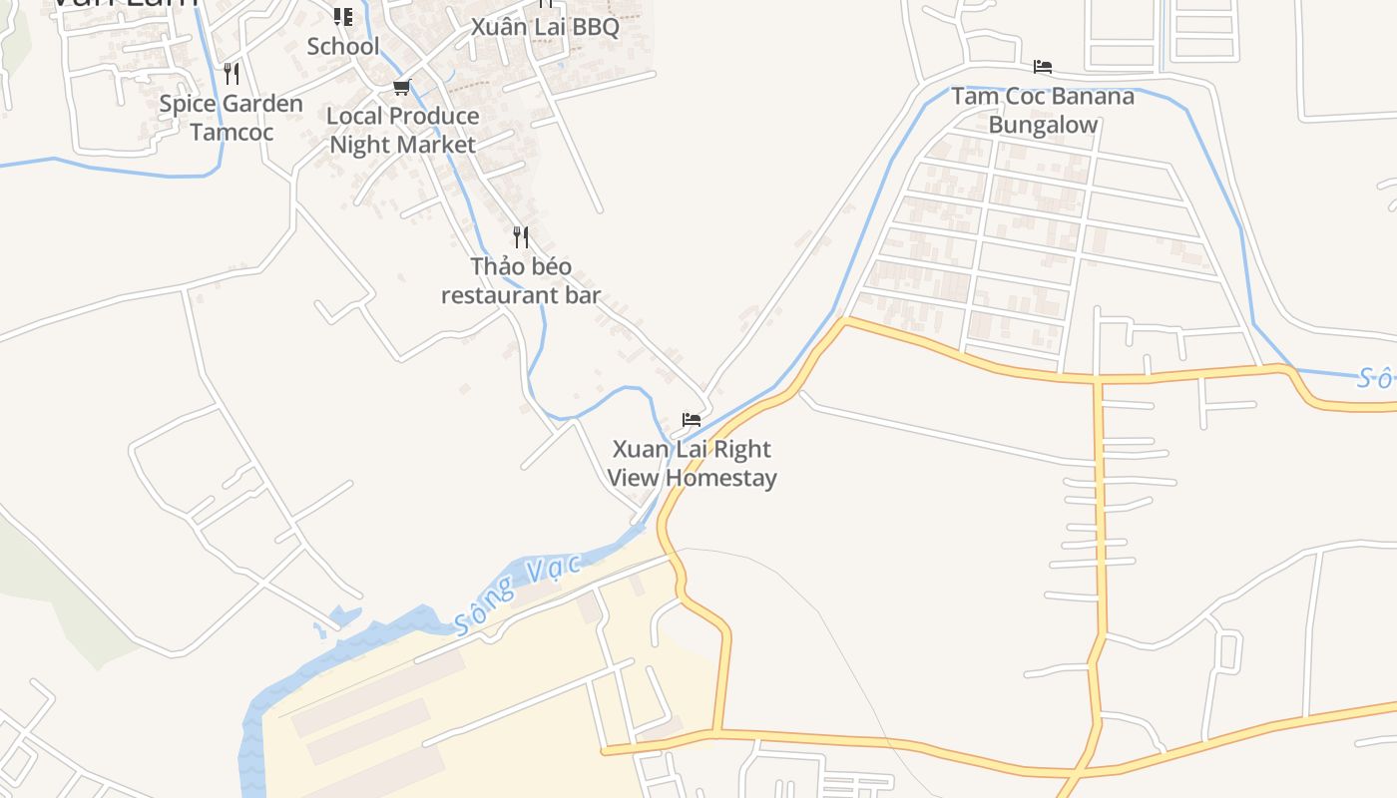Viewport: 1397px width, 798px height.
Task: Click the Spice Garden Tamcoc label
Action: click(x=232, y=118)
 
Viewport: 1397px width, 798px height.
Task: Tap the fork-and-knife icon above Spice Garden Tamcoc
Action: click(x=232, y=74)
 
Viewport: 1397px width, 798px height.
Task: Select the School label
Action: click(x=343, y=46)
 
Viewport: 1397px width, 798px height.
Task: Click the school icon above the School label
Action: click(x=343, y=17)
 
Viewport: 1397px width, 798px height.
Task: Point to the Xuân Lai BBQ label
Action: click(x=545, y=27)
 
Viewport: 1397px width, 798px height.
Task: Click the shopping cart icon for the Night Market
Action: click(x=402, y=88)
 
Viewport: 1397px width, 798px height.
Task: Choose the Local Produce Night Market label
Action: click(x=403, y=130)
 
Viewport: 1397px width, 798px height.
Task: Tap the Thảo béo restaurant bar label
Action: click(x=521, y=280)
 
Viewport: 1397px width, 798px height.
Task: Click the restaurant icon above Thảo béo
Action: click(x=521, y=237)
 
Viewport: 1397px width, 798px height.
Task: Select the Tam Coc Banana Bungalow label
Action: click(x=1043, y=110)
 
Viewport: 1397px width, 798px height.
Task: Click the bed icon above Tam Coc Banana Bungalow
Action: click(x=1043, y=67)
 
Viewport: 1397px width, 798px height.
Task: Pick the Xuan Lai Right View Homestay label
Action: click(x=692, y=463)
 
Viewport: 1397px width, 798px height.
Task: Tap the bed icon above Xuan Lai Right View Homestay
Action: click(x=692, y=419)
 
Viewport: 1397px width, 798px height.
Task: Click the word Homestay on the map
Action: click(x=720, y=478)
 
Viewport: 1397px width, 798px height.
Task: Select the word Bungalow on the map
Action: click(x=1043, y=125)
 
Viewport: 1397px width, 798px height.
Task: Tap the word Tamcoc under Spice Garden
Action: click(x=232, y=132)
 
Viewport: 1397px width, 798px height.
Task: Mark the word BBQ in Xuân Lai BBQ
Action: click(x=596, y=27)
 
